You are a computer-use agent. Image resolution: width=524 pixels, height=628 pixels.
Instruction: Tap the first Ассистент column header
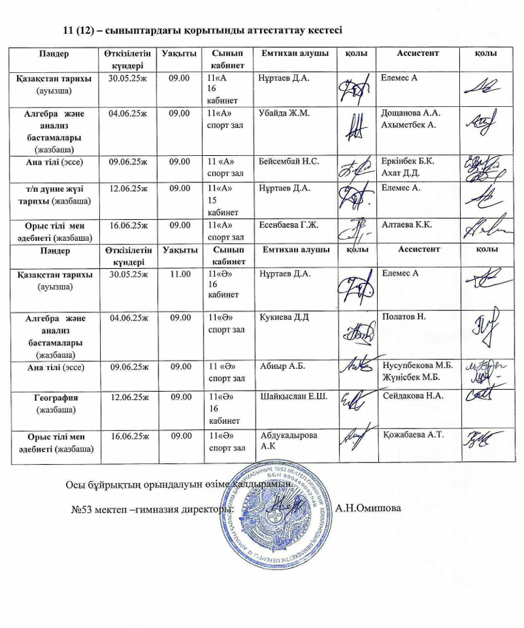click(x=417, y=53)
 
